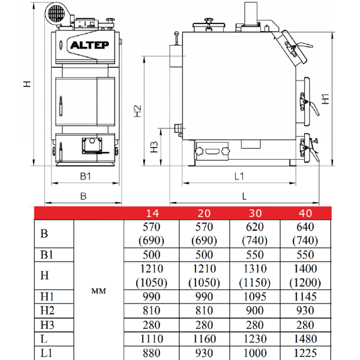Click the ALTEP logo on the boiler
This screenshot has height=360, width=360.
click(89, 45)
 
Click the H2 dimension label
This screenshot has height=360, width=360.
click(137, 111)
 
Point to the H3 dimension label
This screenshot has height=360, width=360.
click(154, 147)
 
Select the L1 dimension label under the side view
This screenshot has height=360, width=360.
click(239, 176)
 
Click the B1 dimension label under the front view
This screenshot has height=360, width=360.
click(85, 176)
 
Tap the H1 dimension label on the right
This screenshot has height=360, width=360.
click(325, 99)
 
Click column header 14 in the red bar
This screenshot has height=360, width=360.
click(152, 213)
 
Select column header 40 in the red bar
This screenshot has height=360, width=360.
click(305, 213)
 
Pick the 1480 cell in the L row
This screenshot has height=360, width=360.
click(305, 339)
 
